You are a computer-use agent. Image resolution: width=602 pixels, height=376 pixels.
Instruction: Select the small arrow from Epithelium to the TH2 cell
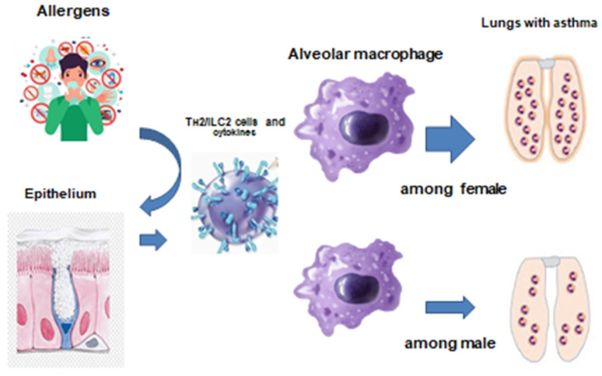tap(156, 241)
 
